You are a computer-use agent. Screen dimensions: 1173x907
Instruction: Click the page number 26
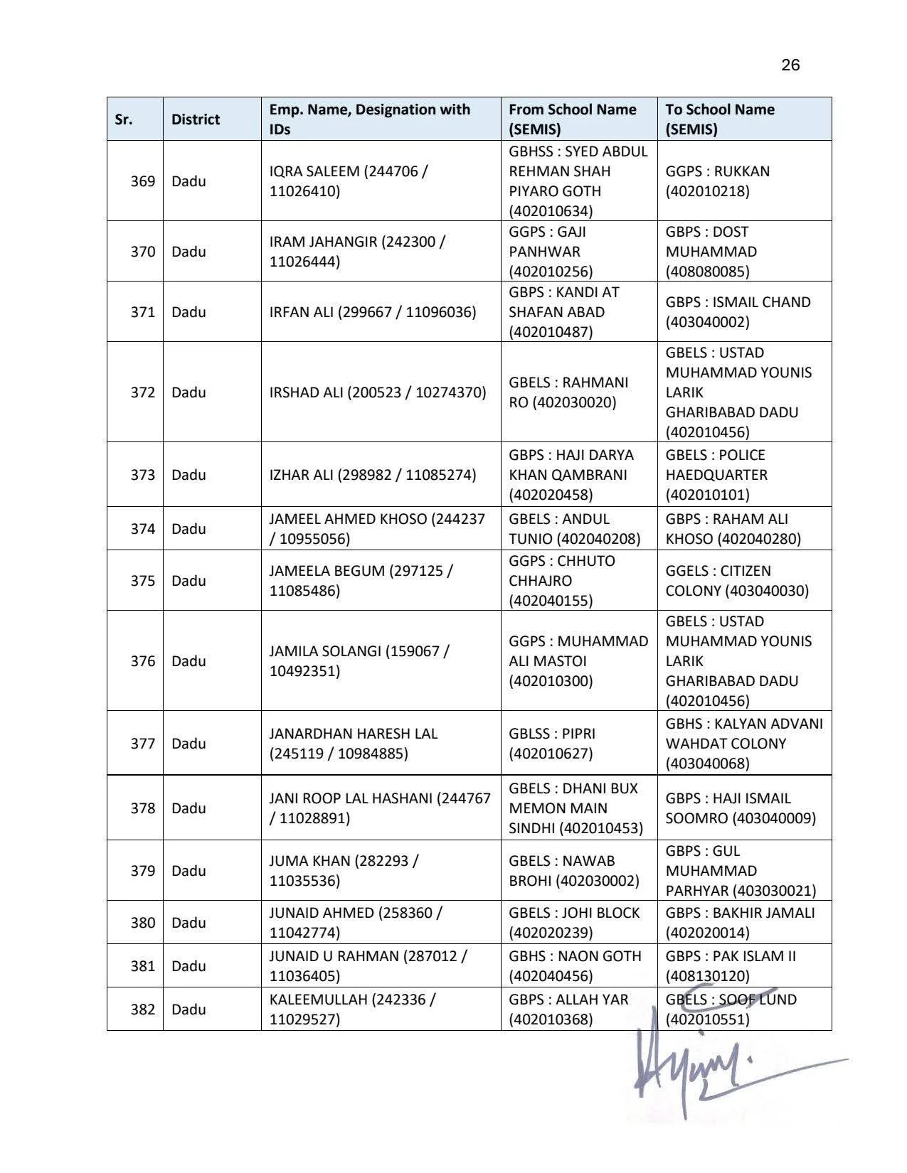pyautogui.click(x=790, y=65)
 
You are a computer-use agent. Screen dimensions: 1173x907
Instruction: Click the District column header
pyautogui.click(x=195, y=119)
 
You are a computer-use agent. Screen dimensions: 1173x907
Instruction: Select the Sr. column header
pyautogui.click(x=124, y=119)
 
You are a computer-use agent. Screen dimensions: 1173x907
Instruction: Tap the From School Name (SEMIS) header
pyautogui.click(x=573, y=119)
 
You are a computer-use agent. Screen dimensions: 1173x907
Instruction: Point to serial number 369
pyautogui.click(x=142, y=181)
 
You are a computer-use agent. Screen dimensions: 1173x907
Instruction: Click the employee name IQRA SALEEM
pyautogui.click(x=349, y=181)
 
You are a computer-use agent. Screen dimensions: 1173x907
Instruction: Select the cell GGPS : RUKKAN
pyautogui.click(x=717, y=181)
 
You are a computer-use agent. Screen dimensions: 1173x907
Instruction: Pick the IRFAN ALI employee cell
pyautogui.click(x=372, y=312)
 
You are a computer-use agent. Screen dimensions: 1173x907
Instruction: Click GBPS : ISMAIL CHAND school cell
pyautogui.click(x=738, y=312)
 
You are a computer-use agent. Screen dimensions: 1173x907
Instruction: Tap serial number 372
pyautogui.click(x=142, y=392)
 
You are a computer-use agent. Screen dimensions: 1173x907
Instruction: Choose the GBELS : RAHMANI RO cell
pyautogui.click(x=568, y=392)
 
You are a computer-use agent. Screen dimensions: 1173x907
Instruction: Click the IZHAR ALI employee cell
pyautogui.click(x=372, y=475)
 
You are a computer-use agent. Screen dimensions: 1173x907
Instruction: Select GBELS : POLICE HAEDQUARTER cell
pyautogui.click(x=716, y=475)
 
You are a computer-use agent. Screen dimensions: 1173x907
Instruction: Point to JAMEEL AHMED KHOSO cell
pyautogui.click(x=376, y=529)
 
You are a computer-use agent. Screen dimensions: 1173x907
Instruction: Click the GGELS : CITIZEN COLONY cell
pyautogui.click(x=737, y=581)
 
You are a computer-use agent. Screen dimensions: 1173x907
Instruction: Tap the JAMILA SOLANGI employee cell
pyautogui.click(x=359, y=661)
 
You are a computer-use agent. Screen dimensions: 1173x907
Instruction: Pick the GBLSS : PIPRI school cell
pyautogui.click(x=552, y=744)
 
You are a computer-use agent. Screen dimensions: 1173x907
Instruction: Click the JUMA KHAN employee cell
pyautogui.click(x=344, y=871)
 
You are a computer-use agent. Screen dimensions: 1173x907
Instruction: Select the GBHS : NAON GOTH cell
pyautogui.click(x=575, y=966)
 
